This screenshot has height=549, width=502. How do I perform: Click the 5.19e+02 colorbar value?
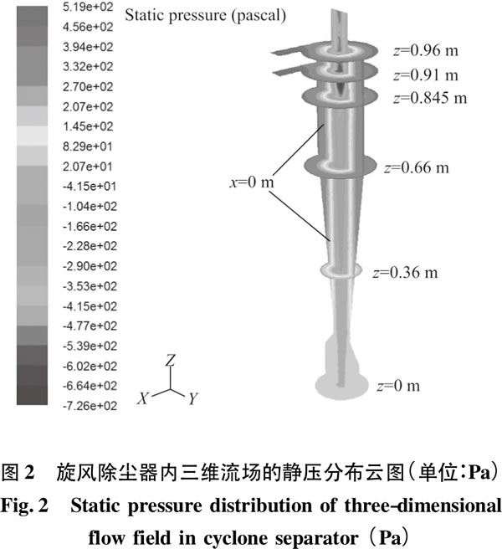88,7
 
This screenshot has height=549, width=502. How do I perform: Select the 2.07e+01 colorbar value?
88,167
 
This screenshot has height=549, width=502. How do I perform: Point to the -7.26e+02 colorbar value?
90,406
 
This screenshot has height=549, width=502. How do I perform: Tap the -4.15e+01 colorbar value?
90,186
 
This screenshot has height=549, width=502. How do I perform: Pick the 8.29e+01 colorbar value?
88,146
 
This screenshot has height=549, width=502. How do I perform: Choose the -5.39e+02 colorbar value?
90,346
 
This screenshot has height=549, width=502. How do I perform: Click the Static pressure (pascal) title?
206,16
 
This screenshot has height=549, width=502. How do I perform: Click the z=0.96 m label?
426,51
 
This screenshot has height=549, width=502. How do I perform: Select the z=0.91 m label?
426,75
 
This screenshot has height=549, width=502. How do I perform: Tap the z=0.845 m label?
430,98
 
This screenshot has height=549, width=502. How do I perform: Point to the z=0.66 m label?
417,167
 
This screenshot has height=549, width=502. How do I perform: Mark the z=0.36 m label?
406,272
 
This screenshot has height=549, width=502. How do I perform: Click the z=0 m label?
399,386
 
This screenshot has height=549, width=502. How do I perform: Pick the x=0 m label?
251,182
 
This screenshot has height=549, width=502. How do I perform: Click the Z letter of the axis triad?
171,360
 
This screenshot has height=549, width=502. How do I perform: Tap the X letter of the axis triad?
143,398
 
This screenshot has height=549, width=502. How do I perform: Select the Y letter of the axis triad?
193,398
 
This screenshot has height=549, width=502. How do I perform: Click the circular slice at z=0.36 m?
341,270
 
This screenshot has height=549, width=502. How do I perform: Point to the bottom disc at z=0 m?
341,386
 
